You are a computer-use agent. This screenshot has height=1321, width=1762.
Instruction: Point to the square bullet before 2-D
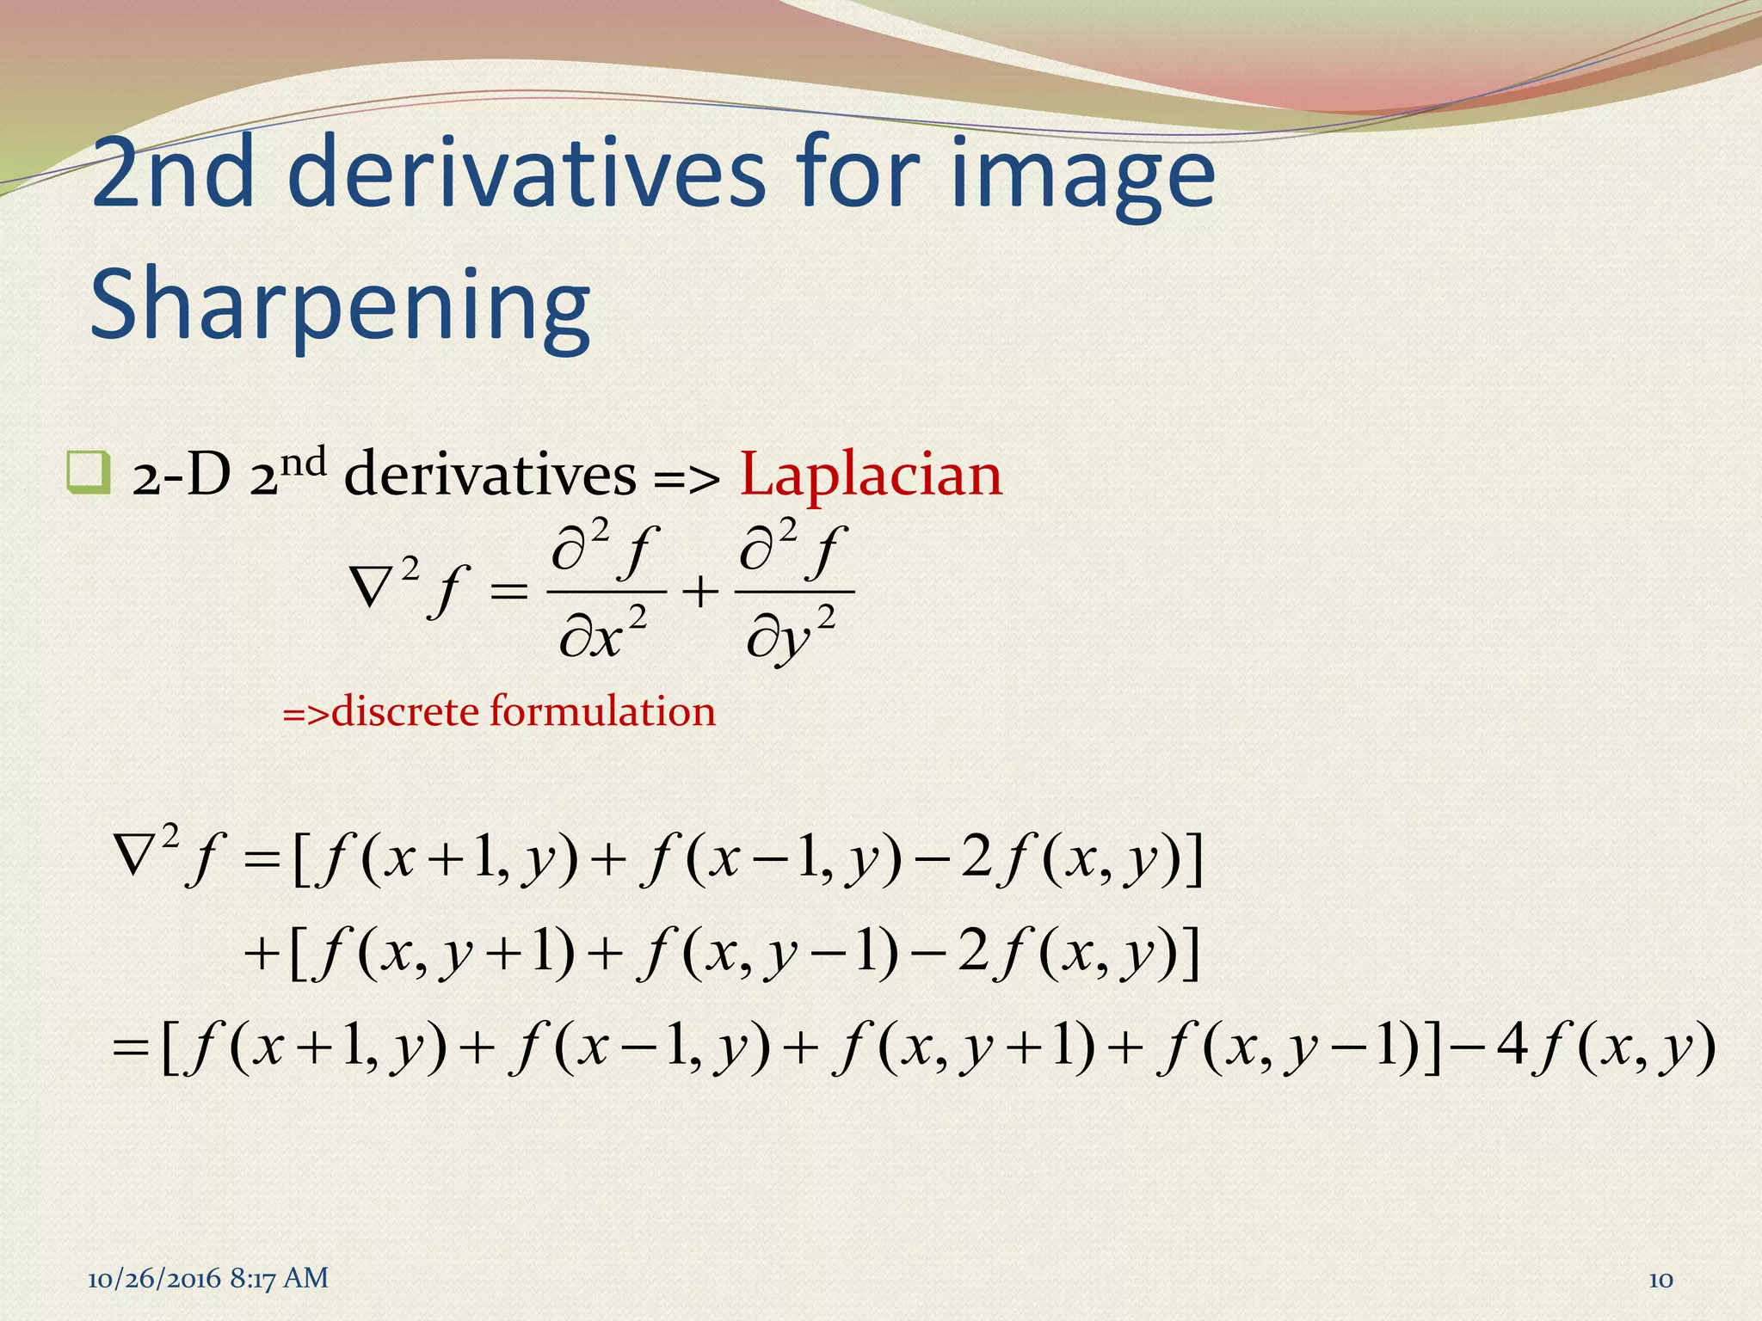pos(88,472)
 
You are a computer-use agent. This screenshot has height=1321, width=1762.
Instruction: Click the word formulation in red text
pos(602,711)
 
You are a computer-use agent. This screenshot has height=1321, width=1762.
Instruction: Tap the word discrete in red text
pos(404,711)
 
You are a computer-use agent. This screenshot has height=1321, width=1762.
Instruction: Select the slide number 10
pos(1660,1280)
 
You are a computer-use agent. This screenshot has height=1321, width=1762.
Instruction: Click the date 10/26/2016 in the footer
pos(155,1279)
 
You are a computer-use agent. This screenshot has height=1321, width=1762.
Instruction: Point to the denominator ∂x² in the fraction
pos(602,637)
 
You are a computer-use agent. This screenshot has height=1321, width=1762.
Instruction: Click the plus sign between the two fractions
pos(701,592)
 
